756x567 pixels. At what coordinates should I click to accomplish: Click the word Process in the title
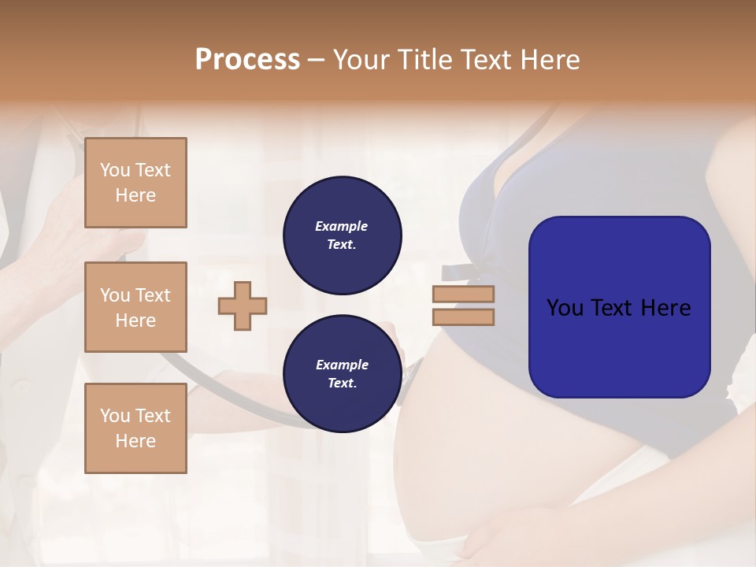click(x=247, y=60)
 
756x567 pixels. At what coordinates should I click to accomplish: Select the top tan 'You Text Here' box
click(x=135, y=183)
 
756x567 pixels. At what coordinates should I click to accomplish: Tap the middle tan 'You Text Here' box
click(x=135, y=307)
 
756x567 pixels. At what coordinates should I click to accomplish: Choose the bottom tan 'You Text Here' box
click(x=135, y=428)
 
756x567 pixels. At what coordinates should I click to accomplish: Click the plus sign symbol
click(x=243, y=306)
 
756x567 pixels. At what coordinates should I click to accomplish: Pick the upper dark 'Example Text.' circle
click(x=342, y=235)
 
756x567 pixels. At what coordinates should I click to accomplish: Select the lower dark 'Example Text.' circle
click(x=342, y=374)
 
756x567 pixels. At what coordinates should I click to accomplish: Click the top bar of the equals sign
click(x=463, y=295)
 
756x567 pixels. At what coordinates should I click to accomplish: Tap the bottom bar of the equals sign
click(x=463, y=317)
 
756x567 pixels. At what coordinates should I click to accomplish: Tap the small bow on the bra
click(x=458, y=272)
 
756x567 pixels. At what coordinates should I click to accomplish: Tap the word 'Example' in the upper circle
click(x=342, y=227)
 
